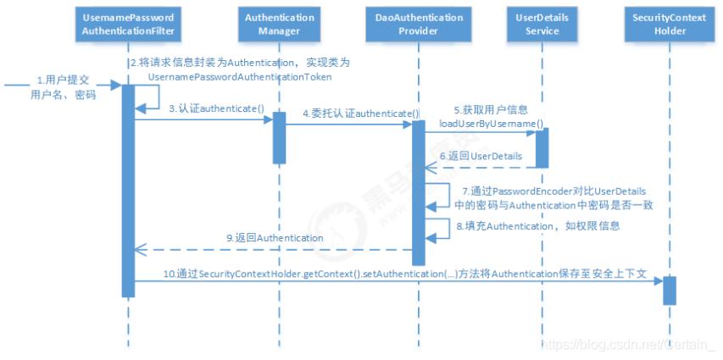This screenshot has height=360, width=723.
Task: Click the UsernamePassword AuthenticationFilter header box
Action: point(128,24)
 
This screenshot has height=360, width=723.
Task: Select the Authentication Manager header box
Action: point(274,24)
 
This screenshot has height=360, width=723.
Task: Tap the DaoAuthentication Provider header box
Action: point(417,24)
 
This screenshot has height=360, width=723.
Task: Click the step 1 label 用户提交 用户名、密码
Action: point(63,88)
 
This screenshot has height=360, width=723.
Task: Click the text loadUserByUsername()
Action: point(491,124)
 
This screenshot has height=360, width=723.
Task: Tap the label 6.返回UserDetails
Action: point(480,158)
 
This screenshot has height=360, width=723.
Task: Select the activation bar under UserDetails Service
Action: point(542,148)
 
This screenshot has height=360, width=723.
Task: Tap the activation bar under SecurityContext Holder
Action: point(669,290)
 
